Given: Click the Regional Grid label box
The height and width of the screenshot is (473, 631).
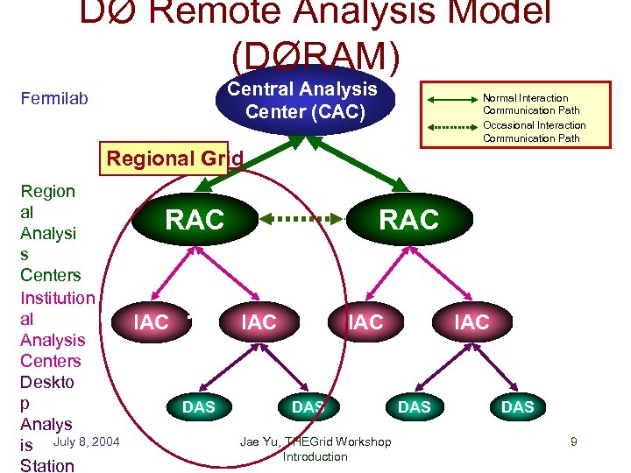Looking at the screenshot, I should pos(165,159).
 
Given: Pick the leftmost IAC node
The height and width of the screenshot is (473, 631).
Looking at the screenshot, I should pos(151,322).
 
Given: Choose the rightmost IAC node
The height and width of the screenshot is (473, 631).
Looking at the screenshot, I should pos(471,322).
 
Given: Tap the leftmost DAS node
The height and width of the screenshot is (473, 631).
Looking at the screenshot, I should pos(198,407).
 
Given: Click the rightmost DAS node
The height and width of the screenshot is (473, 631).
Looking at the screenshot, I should pos(517,407).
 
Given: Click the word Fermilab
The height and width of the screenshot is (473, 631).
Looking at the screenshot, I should pos(54,99).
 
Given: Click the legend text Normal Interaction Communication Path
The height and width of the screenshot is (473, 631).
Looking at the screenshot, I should pos(526,104).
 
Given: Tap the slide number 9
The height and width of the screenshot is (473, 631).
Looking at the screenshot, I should pos(573,441).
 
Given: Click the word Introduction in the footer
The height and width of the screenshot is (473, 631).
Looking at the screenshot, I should pos(315,456).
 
